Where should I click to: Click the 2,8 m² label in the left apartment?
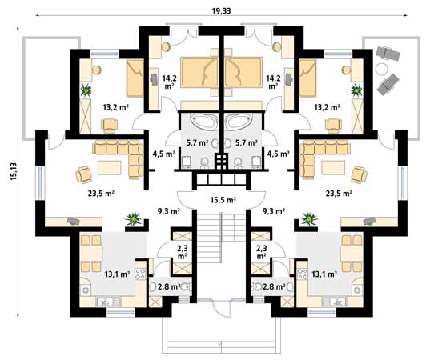pos(167,287)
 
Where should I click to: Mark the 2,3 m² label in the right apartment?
pos(261,252)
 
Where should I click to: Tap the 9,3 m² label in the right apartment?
pos(275,212)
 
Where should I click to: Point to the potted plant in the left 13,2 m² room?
pos(86,90)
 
